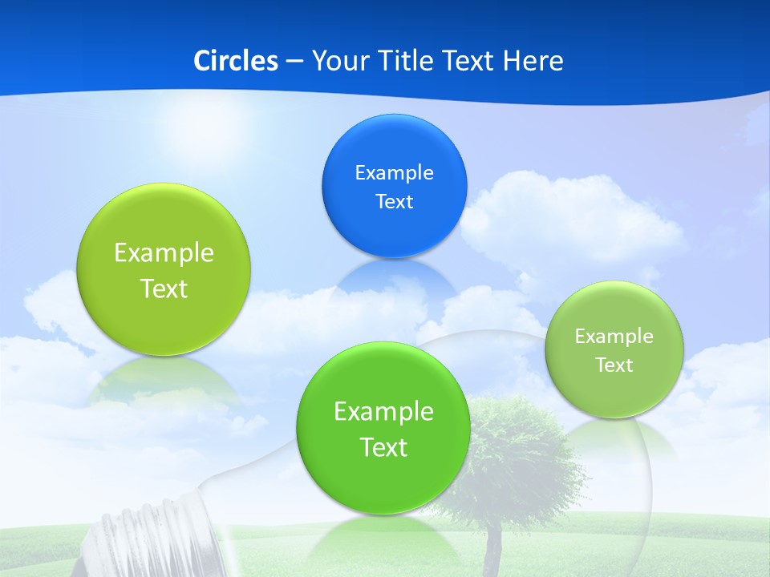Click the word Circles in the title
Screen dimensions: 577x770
[236, 61]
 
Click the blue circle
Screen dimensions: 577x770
[394, 186]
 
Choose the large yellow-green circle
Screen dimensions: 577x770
[164, 269]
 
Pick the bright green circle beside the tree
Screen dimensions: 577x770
[383, 428]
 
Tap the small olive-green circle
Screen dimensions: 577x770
[614, 349]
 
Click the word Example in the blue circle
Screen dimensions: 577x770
[394, 172]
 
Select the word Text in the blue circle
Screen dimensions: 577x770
[394, 201]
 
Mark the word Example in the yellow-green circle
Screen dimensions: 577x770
[164, 253]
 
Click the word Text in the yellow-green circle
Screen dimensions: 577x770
[164, 288]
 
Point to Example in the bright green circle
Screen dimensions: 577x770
[383, 412]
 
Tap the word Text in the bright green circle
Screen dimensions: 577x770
[383, 447]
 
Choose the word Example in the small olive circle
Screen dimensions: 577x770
[614, 336]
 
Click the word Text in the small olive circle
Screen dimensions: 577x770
[614, 365]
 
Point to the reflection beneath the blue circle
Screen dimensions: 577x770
[395, 280]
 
